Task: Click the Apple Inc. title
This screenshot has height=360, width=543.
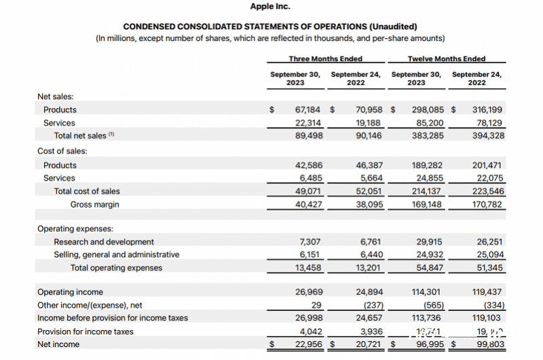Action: (x=270, y=6)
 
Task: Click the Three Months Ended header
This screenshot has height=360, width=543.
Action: (x=325, y=58)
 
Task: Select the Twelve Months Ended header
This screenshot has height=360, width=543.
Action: (x=447, y=58)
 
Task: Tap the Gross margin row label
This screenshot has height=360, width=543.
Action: (x=94, y=204)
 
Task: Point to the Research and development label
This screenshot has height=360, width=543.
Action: (x=104, y=242)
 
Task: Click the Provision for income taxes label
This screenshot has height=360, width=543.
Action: (x=86, y=331)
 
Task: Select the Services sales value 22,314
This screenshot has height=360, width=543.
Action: (x=309, y=123)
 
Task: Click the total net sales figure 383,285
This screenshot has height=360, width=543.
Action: (x=428, y=136)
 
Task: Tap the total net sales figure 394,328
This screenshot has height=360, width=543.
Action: (x=488, y=136)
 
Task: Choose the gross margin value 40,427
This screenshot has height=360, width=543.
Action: (x=309, y=204)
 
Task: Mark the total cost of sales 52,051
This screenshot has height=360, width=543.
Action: (x=369, y=192)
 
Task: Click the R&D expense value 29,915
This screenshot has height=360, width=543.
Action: (x=430, y=242)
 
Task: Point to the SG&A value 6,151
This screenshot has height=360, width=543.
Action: (x=312, y=255)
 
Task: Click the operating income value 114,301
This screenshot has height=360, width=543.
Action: (x=428, y=292)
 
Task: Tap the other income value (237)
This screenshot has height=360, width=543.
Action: (x=371, y=305)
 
